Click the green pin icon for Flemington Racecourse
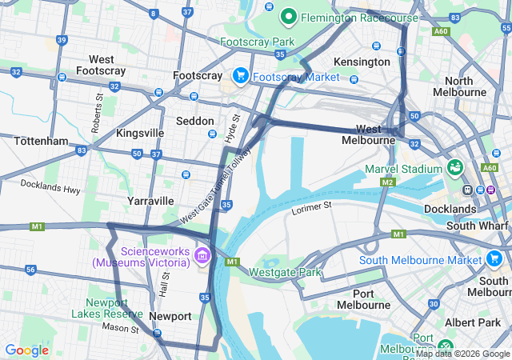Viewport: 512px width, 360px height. [x=288, y=16]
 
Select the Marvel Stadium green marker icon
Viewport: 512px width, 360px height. [x=455, y=169]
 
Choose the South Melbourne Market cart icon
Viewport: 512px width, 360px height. [x=494, y=260]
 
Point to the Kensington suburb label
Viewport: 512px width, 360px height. [x=362, y=62]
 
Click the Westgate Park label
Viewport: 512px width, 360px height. [x=285, y=272]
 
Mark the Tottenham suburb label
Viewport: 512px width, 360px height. [x=41, y=141]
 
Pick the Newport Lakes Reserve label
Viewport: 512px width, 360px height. [x=108, y=308]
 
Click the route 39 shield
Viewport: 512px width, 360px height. [x=62, y=40]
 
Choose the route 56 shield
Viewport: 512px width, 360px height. [x=30, y=270]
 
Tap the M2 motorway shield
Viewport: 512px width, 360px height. [x=388, y=182]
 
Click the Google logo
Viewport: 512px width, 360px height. [x=26, y=350]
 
